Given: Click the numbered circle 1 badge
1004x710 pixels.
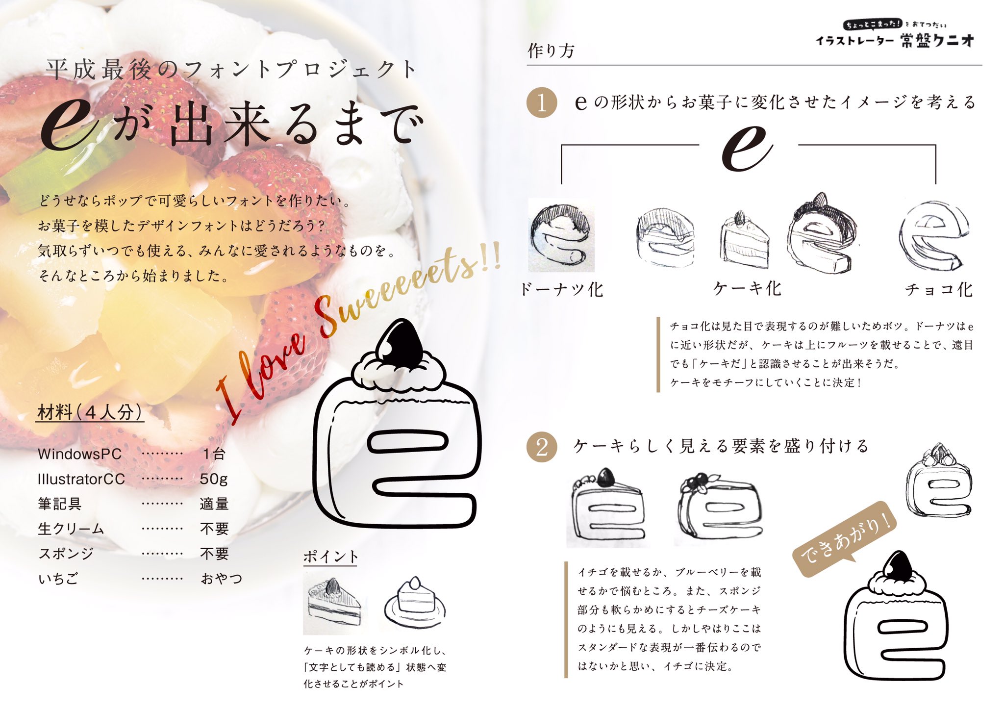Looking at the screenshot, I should click(541, 103).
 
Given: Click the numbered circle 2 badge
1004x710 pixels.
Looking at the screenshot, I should click(541, 447).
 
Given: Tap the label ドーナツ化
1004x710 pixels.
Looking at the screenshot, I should click(561, 290).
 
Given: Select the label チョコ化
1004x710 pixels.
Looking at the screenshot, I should click(938, 290).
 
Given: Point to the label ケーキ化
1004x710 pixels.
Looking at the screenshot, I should click(747, 289).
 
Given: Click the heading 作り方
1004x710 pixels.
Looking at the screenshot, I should click(551, 51).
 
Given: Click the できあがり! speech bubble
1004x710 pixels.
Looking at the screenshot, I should click(845, 538).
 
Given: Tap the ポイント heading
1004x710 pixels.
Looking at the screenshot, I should click(330, 557).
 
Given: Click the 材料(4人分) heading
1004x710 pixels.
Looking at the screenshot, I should click(90, 412).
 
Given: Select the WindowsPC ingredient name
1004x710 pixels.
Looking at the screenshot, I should click(79, 454).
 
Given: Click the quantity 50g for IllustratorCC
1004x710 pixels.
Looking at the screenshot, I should click(214, 479).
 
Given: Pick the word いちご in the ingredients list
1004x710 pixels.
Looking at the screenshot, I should click(58, 579).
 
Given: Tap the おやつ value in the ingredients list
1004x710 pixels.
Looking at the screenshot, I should click(221, 579).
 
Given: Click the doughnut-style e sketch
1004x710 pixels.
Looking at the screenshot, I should click(561, 236).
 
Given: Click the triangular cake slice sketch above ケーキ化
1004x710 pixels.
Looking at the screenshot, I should click(744, 240).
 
